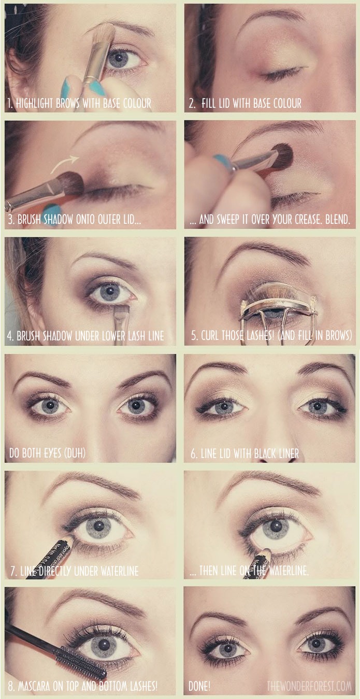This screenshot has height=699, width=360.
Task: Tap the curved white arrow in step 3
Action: tap(65, 161)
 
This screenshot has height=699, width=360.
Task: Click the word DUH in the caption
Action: tap(71, 454)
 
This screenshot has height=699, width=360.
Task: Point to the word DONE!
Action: tap(199, 687)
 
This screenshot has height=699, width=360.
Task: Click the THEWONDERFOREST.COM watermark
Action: tap(309, 687)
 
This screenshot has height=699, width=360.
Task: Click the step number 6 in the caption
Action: tap(193, 454)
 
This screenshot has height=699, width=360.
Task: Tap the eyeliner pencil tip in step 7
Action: tap(69, 541)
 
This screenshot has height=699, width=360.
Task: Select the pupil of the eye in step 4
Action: tap(110, 291)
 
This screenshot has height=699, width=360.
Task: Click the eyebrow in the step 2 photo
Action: tap(272, 16)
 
